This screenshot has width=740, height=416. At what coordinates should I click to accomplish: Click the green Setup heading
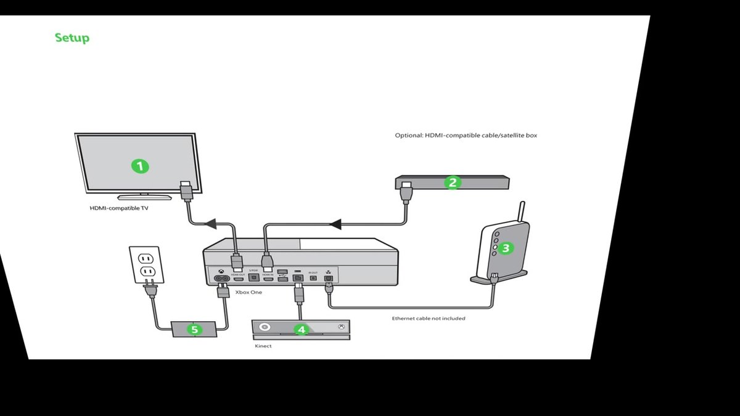click(x=72, y=38)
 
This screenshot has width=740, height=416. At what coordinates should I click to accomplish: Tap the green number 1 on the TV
click(x=141, y=166)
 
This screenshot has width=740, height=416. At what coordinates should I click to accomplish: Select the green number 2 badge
click(x=453, y=182)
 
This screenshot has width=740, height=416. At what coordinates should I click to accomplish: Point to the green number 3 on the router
click(x=506, y=248)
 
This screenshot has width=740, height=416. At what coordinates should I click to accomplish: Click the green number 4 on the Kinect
click(x=301, y=330)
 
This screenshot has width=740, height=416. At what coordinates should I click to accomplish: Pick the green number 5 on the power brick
click(x=194, y=330)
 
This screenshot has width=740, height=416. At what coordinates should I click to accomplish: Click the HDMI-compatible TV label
click(x=119, y=208)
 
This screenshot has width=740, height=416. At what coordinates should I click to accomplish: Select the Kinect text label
click(x=263, y=346)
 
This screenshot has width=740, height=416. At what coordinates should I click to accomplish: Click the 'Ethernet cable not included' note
click(x=429, y=319)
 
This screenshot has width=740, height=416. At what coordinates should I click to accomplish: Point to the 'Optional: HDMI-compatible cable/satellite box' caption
click(x=466, y=135)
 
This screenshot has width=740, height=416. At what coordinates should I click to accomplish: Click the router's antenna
click(x=522, y=213)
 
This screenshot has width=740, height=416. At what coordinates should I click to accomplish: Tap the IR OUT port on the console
click(x=313, y=278)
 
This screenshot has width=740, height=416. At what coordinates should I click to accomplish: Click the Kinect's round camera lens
click(x=265, y=327)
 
